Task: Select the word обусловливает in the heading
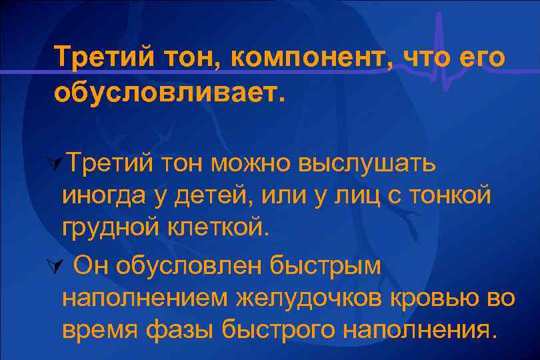point(169,92)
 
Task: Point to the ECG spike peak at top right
point(439,15)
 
